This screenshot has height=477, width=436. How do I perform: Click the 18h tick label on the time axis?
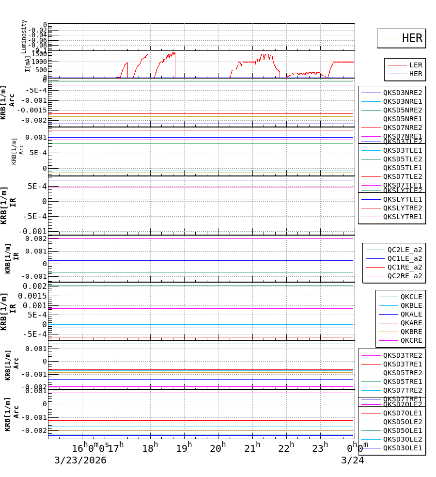pos(150,448)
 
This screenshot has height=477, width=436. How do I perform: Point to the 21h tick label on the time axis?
pos(252,448)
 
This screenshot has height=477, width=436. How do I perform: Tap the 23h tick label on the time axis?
pos(320,448)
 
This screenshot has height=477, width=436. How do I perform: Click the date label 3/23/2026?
pos(80,461)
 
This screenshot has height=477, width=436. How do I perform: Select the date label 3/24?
pos(352,461)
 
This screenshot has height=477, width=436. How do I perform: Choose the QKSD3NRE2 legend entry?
pos(402,93)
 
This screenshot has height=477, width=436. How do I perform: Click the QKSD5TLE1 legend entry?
pos(402,168)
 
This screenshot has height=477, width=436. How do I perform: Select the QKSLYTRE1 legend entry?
pos(402,217)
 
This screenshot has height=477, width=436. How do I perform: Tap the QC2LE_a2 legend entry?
pos(405,250)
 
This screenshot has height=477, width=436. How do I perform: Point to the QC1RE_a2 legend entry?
pos(405,267)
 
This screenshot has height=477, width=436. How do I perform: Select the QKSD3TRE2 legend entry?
pos(402,355)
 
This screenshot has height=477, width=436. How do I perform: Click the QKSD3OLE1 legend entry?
pos(402,448)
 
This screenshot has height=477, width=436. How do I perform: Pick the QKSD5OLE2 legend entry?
pos(402,422)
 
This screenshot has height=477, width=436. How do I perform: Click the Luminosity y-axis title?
pos(24,36)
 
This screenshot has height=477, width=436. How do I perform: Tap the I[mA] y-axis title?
pos(28,64)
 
